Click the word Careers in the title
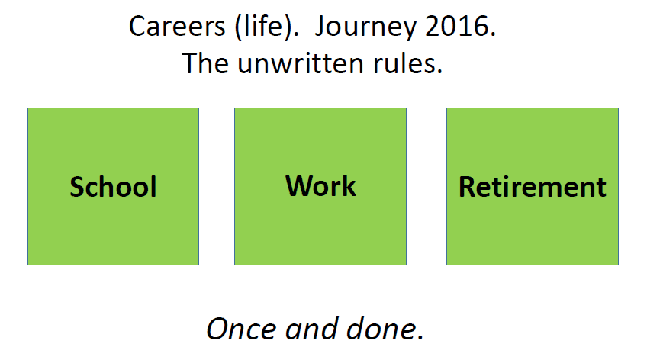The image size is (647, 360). tap(177, 27)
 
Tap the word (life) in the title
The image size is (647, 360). tap(266, 27)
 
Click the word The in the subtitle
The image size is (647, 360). tap(205, 63)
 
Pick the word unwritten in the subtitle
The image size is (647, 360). tap(301, 64)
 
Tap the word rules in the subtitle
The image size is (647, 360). tap(407, 64)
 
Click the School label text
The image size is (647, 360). tap(113, 186)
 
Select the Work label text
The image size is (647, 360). tap(320, 186)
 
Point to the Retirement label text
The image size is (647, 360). tap(533, 187)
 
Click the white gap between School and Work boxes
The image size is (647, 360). tap(217, 186)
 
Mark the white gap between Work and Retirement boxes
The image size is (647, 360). tap(427, 186)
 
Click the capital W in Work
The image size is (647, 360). tap(299, 186)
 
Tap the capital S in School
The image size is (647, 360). tap(77, 187)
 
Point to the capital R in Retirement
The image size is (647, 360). tap(467, 187)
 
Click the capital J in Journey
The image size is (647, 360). tap(320, 27)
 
